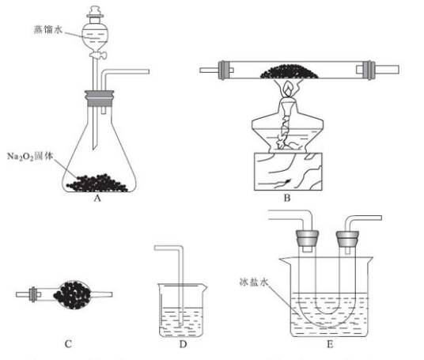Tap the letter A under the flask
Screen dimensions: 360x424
[x=97, y=201]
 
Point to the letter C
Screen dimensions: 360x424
[x=68, y=343]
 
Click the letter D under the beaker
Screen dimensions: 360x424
[x=187, y=343]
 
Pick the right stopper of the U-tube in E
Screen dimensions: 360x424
[x=346, y=237]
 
